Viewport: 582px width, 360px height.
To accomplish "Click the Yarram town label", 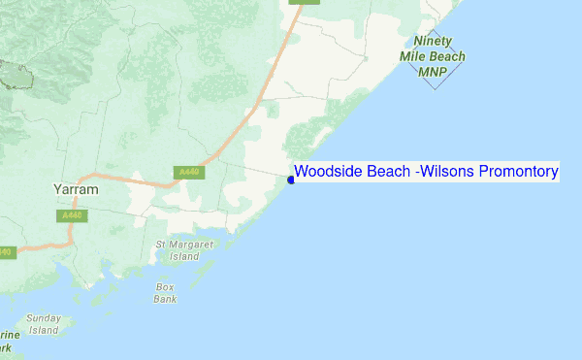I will (75, 190).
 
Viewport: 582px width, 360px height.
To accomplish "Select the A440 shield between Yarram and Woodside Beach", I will (189, 173).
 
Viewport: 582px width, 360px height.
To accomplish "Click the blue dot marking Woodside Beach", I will (291, 180).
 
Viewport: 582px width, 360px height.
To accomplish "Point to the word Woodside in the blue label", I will (329, 172).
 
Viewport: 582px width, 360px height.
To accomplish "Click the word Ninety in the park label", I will (433, 42).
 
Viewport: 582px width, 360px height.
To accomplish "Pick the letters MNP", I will (432, 71).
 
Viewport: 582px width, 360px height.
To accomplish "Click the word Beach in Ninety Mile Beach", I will (447, 56).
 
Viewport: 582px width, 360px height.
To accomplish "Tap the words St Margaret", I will (184, 245).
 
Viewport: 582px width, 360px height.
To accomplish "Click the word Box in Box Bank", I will (165, 287).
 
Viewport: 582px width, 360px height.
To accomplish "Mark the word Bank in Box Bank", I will (165, 299).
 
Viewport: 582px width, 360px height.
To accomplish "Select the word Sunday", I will (43, 318).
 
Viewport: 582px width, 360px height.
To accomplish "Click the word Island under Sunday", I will (43, 330).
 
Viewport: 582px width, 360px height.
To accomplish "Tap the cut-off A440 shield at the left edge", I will (5, 252).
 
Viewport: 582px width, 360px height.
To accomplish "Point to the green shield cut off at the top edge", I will (306, 2).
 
